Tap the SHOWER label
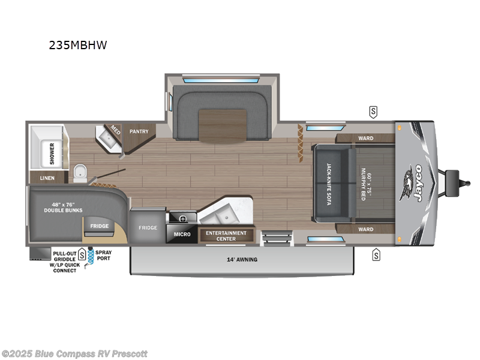click(x=52, y=154)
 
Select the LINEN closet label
click(x=47, y=178)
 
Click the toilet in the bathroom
click(x=80, y=174)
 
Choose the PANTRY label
click(x=139, y=131)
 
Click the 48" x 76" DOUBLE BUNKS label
click(x=64, y=206)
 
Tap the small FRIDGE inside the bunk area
click(x=99, y=226)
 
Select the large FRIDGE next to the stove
click(x=148, y=227)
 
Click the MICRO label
click(x=182, y=234)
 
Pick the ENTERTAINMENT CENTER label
click(x=226, y=235)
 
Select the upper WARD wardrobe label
click(x=365, y=139)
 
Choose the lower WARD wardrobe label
click(x=365, y=229)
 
